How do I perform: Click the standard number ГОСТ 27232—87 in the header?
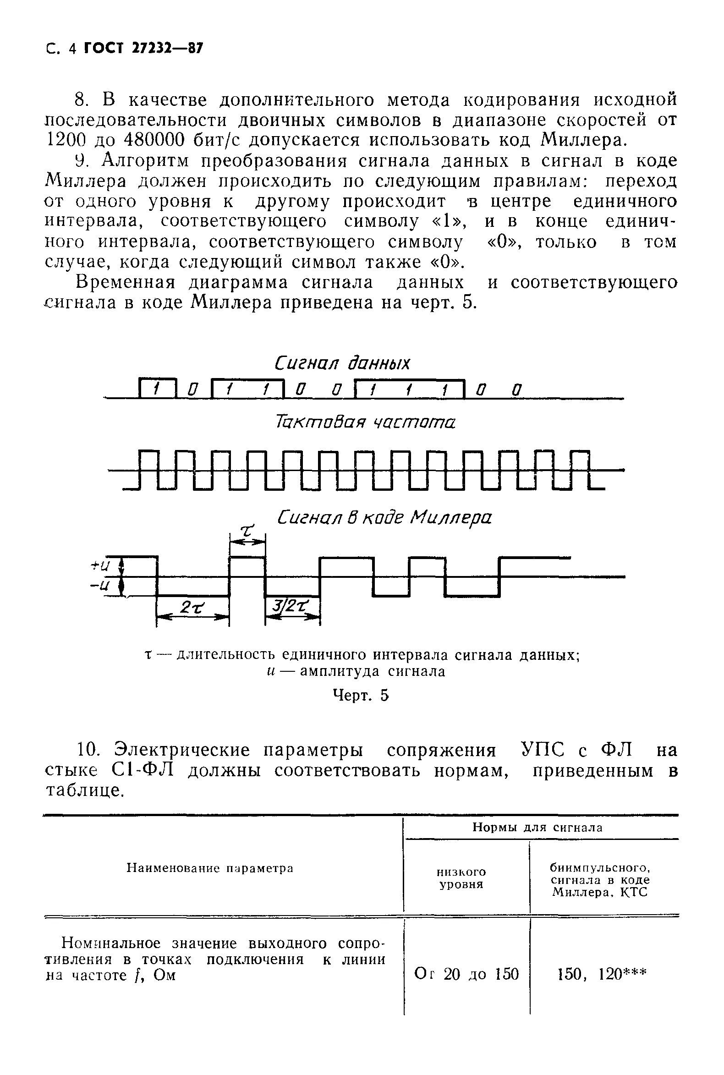[x=143, y=49]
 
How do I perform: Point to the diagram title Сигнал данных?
[x=342, y=363]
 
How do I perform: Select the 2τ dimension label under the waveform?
[x=192, y=608]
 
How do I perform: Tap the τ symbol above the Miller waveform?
[x=248, y=532]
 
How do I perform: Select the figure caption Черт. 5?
[x=361, y=696]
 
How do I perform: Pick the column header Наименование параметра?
[x=210, y=868]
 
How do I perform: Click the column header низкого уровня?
[x=461, y=878]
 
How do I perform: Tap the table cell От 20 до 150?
[x=466, y=974]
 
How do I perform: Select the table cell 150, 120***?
[x=602, y=974]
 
